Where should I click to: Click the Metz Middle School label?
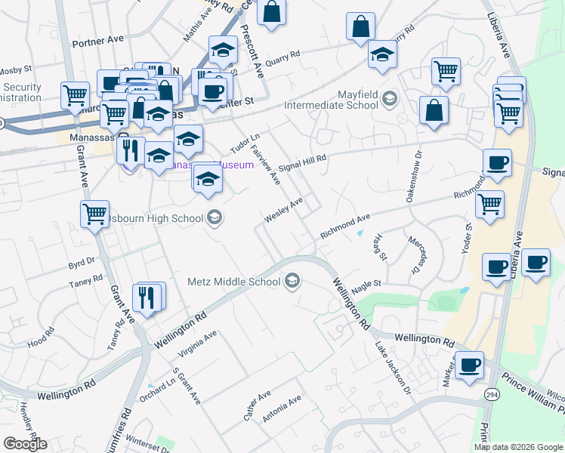[233, 282]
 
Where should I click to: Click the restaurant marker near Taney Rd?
[147, 297]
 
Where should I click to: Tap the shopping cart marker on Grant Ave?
[95, 214]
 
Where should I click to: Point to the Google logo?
[25, 445]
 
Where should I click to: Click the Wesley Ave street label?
[283, 210]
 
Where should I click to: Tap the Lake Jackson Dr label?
[393, 369]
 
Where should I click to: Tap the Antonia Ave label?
[282, 408]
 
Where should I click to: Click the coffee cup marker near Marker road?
[469, 365]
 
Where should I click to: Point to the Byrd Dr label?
[81, 263]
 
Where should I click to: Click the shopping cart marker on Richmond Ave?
[490, 204]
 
